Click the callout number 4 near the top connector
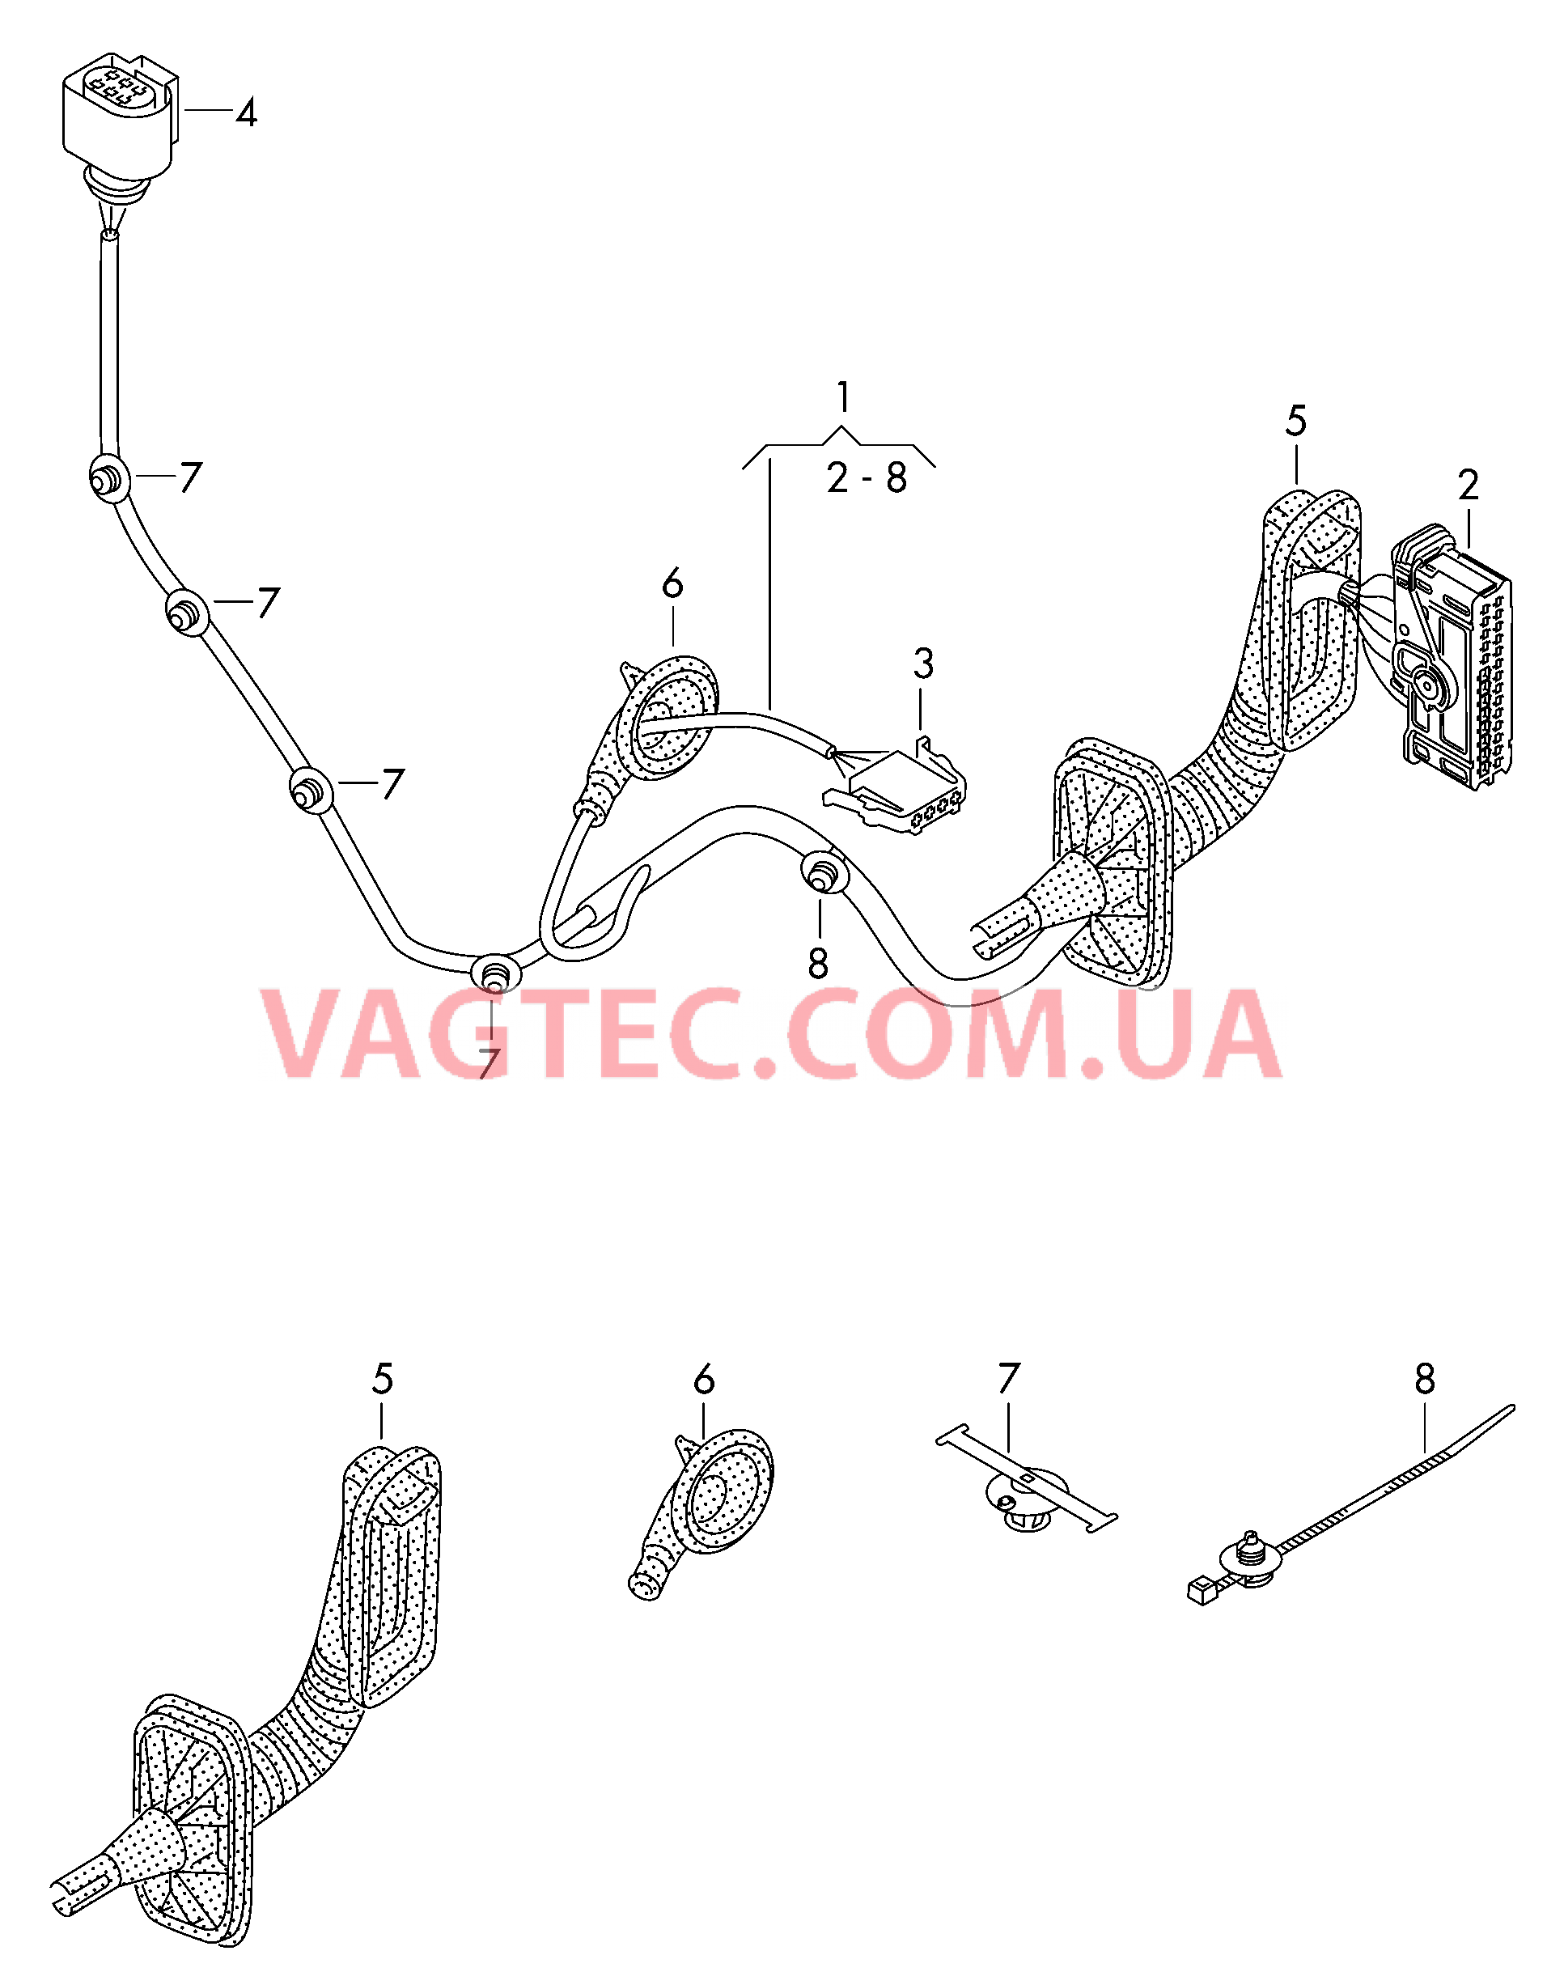coord(245,114)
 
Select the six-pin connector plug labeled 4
coord(118,113)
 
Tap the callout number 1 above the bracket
coord(843,397)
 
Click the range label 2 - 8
coord(866,477)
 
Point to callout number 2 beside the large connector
coord(1469,486)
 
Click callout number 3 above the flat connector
coord(923,664)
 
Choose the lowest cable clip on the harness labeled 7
coord(494,976)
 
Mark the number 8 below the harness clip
coord(818,965)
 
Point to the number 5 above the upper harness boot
coord(1296,422)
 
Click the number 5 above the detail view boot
coord(382,1380)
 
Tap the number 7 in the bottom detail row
coord(1008,1380)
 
